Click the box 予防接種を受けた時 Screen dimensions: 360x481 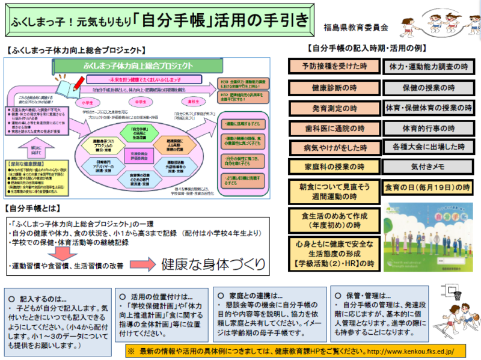point(334,65)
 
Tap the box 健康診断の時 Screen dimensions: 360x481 point(334,88)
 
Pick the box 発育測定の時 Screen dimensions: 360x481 point(334,108)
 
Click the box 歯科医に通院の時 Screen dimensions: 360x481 point(334,128)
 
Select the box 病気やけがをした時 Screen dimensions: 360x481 point(334,147)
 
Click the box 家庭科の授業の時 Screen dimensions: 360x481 point(334,167)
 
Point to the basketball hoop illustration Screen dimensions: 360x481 point(453,293)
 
